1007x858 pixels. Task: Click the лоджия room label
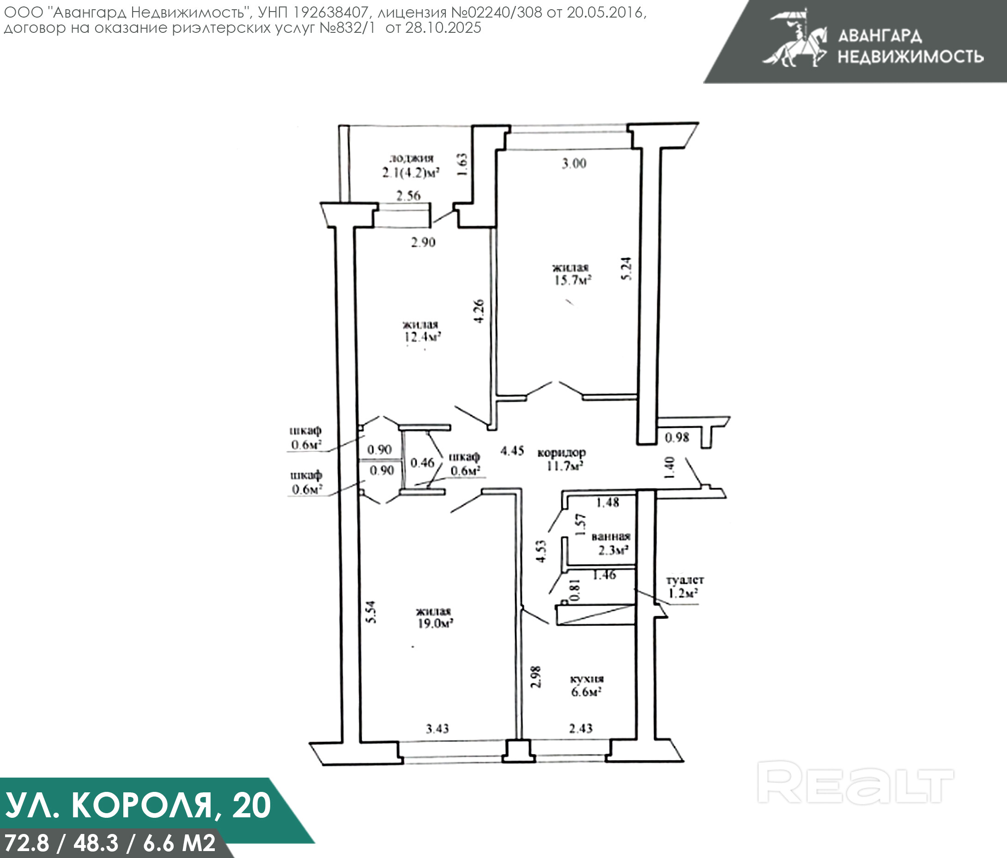click(411, 158)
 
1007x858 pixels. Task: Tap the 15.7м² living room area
click(572, 280)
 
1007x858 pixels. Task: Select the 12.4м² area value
click(423, 337)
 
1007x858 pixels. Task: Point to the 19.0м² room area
click(436, 623)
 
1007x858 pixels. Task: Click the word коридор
click(561, 453)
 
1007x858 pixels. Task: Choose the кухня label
click(587, 679)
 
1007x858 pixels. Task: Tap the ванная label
click(611, 537)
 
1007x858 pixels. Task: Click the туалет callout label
click(685, 580)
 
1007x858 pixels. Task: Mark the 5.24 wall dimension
click(627, 269)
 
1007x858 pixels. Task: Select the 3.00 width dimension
click(574, 164)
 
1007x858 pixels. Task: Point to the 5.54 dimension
click(371, 613)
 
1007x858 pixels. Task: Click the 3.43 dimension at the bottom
click(437, 729)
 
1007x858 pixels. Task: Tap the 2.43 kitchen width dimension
click(581, 728)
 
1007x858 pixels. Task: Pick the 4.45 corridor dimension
click(512, 451)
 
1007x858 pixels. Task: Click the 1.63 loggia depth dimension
click(462, 165)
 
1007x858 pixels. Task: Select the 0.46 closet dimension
click(422, 463)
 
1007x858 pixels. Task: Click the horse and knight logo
click(795, 39)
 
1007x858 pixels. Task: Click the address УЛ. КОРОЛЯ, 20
click(138, 805)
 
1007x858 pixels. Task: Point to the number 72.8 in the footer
click(27, 843)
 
